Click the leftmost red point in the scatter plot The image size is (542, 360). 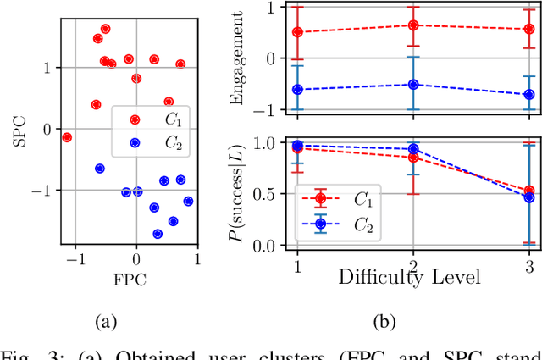(67, 137)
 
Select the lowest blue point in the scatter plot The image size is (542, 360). (158, 234)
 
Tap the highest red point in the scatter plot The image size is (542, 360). (105, 29)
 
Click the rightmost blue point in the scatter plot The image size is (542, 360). (188, 202)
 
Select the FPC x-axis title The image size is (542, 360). (126, 277)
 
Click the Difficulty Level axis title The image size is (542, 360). (412, 275)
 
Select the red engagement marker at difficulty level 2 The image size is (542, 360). (413, 25)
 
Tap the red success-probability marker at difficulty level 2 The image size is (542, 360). (413, 158)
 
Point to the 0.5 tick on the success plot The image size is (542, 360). (268, 194)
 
